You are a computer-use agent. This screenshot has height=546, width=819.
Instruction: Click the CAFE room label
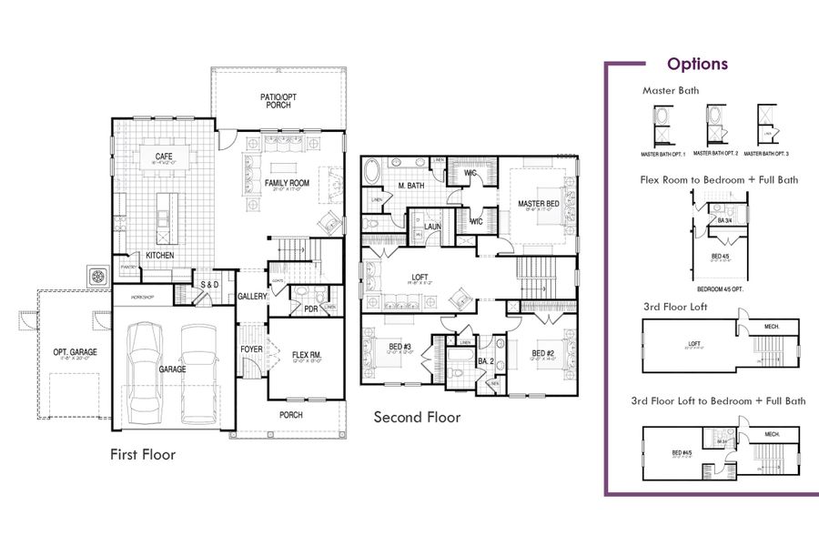pyautogui.click(x=164, y=157)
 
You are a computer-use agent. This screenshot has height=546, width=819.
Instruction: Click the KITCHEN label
pyautogui.click(x=159, y=256)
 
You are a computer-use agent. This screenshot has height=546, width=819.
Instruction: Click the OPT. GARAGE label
pyautogui.click(x=75, y=352)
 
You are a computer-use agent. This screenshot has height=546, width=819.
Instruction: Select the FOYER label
pyautogui.click(x=251, y=349)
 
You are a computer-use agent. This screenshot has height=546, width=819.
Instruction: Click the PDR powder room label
pyautogui.click(x=310, y=308)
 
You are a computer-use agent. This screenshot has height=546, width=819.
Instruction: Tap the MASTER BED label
pyautogui.click(x=537, y=203)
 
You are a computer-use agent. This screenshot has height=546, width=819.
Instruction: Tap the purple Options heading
pyautogui.click(x=697, y=64)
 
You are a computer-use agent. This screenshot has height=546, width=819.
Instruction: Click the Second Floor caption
pyautogui.click(x=417, y=418)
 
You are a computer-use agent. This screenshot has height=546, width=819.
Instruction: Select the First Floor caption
pyautogui.click(x=143, y=453)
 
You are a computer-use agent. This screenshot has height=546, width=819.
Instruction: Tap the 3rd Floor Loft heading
pyautogui.click(x=674, y=307)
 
